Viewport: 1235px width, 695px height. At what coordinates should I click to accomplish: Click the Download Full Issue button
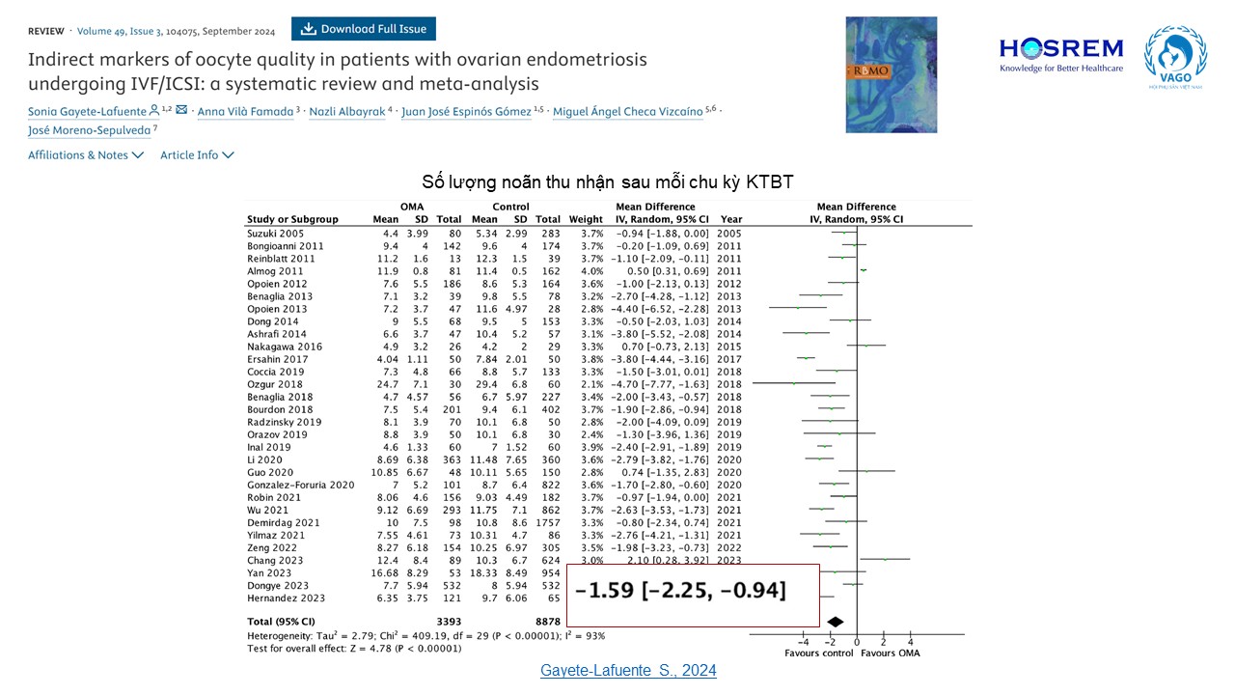point(364,29)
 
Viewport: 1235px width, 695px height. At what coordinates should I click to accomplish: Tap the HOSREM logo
point(1061,53)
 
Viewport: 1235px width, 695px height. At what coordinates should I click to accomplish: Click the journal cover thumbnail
point(891,74)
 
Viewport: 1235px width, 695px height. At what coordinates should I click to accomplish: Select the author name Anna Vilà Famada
point(245,112)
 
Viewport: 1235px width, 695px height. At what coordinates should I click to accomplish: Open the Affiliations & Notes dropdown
point(86,155)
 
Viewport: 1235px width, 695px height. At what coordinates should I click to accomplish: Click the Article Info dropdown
point(197,155)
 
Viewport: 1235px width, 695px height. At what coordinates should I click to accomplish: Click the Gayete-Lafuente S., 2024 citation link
point(628,670)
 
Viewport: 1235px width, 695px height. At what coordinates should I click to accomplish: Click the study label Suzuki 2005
point(276,234)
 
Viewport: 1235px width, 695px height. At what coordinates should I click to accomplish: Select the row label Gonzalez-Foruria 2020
point(300,485)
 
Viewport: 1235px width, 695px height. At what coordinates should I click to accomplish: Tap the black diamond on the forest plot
point(836,622)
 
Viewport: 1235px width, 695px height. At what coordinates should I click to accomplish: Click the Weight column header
point(586,220)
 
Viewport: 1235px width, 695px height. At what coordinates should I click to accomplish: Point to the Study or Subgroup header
point(292,220)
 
